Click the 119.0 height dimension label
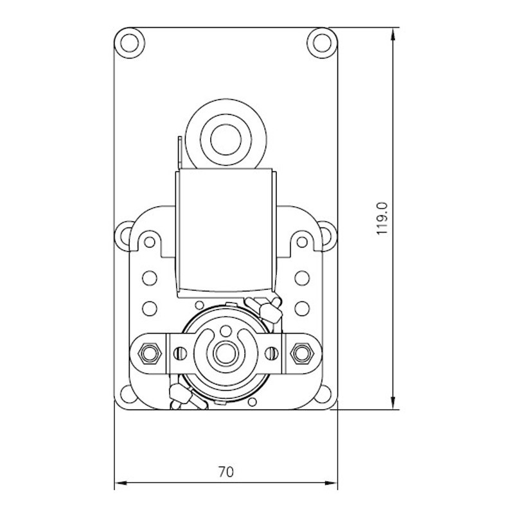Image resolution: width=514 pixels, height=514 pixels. (x=382, y=218)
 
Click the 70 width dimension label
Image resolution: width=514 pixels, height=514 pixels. (x=226, y=472)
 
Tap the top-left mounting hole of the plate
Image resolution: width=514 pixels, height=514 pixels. (x=130, y=43)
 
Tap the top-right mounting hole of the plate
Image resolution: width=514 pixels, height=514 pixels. (x=323, y=43)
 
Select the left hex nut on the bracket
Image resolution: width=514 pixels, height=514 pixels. (x=150, y=353)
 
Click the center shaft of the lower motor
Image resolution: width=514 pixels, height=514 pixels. (x=226, y=353)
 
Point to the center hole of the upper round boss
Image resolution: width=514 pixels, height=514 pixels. (x=226, y=140)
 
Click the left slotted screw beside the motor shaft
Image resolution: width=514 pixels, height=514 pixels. (x=181, y=353)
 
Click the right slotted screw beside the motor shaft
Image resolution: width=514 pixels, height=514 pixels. (x=271, y=353)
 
